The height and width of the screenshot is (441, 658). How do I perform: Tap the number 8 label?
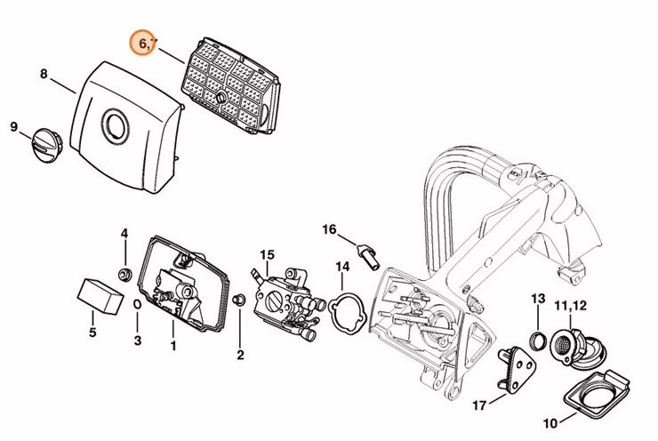pos(44,74)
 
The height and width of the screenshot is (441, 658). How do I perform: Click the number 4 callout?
pos(124,234)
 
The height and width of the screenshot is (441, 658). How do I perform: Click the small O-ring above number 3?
pos(137,304)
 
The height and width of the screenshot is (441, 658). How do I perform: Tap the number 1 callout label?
pos(173,345)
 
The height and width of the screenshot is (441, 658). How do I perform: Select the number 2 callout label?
pos(239,356)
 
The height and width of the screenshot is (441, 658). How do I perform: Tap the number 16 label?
pos(329,229)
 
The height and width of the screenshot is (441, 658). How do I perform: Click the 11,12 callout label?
pos(571,307)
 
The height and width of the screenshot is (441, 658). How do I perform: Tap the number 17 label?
pos(479,406)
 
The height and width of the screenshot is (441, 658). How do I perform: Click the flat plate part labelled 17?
pos(515,365)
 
